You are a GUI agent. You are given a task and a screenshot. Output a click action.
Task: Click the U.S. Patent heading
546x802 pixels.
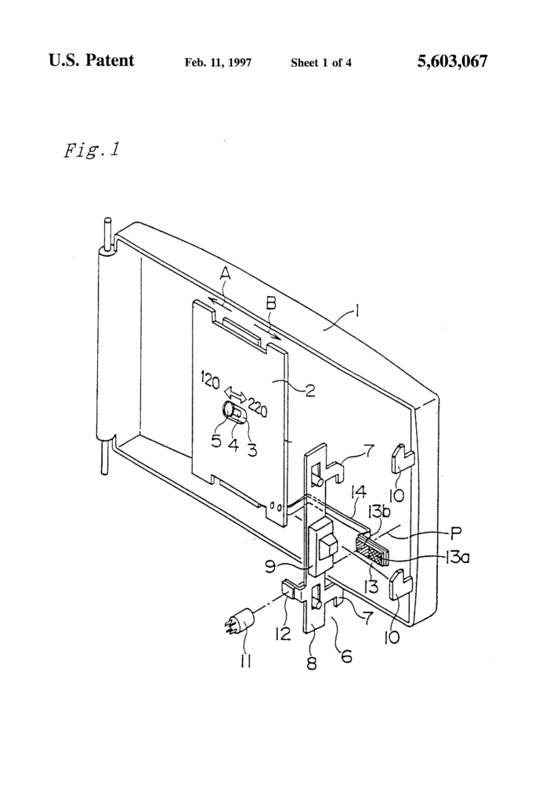(x=91, y=61)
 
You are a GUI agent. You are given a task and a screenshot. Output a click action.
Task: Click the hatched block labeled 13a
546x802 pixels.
(x=376, y=553)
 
